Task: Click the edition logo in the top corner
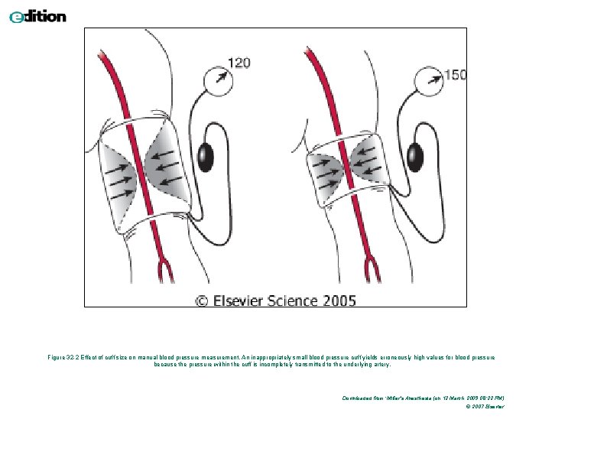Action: coord(37,16)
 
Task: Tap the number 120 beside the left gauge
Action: coord(239,63)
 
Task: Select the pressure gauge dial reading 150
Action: coord(428,80)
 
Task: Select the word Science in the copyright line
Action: coord(295,300)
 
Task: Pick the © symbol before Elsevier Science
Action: coord(203,301)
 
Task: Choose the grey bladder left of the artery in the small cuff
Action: coord(324,177)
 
